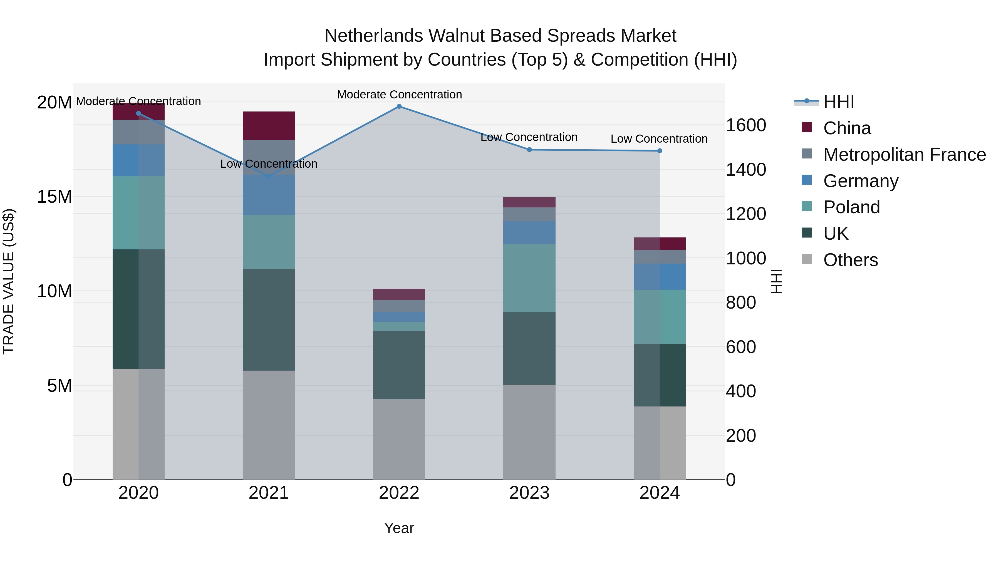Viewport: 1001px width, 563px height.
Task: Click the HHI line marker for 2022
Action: click(399, 106)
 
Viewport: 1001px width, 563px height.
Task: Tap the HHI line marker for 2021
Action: click(269, 176)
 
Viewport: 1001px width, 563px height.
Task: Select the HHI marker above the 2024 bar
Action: click(660, 151)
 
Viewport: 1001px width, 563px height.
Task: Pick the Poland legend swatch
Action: click(807, 207)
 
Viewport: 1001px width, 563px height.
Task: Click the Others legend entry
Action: click(850, 260)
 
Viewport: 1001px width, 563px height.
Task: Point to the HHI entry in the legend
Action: click(839, 102)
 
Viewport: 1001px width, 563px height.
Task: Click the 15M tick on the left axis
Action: click(54, 197)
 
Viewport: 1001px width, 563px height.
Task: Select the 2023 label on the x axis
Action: click(529, 493)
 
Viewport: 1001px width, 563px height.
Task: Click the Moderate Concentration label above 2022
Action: click(399, 95)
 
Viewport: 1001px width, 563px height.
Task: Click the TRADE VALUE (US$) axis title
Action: click(9, 281)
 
